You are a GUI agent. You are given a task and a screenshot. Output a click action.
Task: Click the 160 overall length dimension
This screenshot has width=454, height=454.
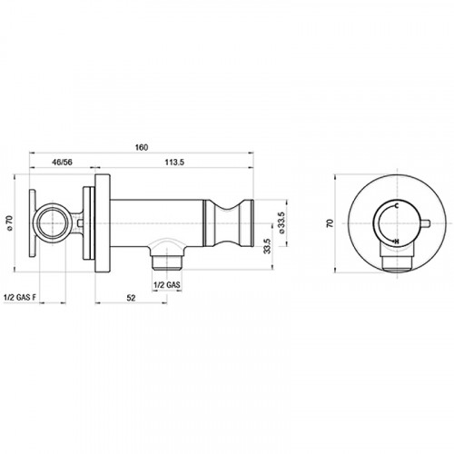[x=142, y=147]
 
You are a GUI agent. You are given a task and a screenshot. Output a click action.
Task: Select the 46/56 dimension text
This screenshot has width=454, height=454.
[x=63, y=163]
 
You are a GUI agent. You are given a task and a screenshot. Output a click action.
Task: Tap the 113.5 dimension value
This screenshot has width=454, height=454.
[x=174, y=163]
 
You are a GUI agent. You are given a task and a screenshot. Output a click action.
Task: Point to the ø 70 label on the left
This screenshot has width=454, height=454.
[x=10, y=223]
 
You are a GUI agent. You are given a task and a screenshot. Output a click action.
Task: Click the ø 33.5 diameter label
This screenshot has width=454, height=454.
[x=281, y=222]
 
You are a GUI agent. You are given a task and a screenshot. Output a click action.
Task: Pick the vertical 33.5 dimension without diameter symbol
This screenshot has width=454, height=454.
[x=267, y=245]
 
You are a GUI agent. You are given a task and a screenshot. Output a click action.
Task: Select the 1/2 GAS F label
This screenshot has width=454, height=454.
[x=20, y=297]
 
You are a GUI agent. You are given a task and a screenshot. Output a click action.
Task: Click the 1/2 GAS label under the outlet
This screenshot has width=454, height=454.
[x=167, y=284]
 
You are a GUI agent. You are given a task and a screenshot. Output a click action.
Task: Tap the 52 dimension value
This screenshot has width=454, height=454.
[x=131, y=298]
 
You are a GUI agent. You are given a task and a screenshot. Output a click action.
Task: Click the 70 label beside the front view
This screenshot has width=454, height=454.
[x=331, y=223]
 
